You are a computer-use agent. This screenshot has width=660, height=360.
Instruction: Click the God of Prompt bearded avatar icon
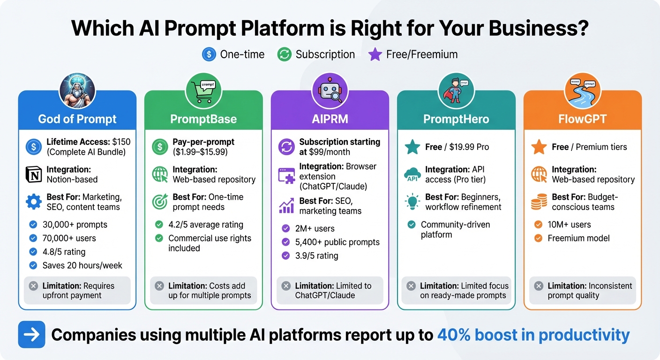point(77,90)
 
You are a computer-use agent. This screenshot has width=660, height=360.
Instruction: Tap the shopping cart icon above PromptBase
point(203,90)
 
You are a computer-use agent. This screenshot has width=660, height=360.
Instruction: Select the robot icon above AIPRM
point(330,90)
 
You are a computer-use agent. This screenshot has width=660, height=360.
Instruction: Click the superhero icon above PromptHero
point(456,90)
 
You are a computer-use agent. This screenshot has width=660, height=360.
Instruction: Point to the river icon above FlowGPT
point(582,90)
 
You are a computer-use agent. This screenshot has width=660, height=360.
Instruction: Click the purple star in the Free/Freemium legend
point(375,54)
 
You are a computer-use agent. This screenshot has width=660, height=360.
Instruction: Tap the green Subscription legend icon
point(284,54)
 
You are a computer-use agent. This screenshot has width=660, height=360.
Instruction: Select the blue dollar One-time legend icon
point(209,54)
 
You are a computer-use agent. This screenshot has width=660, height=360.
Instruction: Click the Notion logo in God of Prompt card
point(34,174)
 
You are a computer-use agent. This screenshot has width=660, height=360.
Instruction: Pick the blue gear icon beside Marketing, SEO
point(34,202)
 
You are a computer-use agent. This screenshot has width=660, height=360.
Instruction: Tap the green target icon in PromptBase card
point(160,202)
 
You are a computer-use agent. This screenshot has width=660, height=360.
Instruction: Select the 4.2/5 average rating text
point(206,225)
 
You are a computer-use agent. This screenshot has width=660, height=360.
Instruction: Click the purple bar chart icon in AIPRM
point(286,206)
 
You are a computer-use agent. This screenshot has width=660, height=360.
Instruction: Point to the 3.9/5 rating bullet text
point(316,256)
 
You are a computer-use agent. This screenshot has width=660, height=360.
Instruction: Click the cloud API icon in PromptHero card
point(412,175)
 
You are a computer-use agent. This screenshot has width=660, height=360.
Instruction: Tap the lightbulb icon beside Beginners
point(412,202)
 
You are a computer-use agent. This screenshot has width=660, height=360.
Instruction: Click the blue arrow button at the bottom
point(31,335)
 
